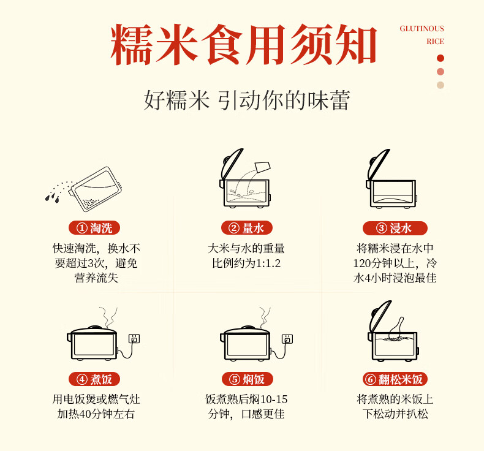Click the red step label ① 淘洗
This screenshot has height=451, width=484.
[94, 228]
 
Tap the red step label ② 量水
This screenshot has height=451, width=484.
[247, 228]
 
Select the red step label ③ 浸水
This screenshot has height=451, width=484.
[395, 228]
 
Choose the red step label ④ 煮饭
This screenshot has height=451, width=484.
[94, 379]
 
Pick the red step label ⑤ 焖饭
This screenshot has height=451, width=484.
[248, 379]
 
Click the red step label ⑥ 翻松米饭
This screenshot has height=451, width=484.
[395, 379]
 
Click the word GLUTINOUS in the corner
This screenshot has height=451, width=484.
[422, 29]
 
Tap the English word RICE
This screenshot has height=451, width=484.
[435, 42]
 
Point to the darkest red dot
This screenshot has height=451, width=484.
[441, 58]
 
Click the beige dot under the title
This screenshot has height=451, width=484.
[441, 85]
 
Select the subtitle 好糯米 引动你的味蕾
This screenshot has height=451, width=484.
[247, 100]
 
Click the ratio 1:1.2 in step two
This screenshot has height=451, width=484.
[268, 263]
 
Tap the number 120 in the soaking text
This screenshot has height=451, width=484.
[362, 263]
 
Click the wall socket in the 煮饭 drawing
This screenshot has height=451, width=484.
[134, 339]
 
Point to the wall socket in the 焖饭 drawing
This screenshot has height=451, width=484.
[287, 339]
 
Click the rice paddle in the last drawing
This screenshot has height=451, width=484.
[396, 328]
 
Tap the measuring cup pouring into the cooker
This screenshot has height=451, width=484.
[263, 167]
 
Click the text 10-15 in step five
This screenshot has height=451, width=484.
[274, 400]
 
